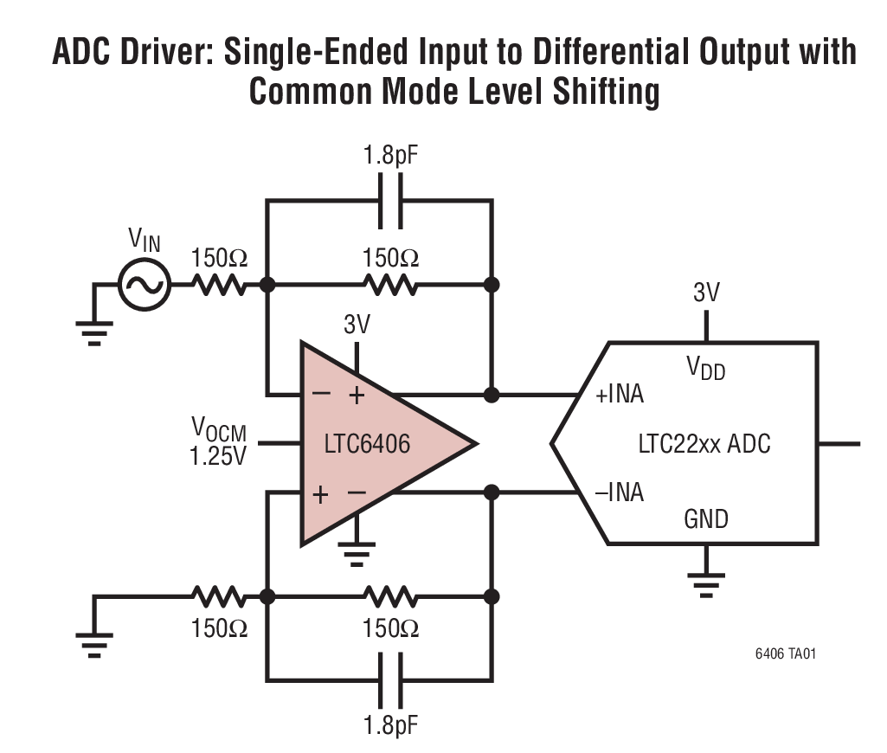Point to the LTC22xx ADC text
click(x=704, y=445)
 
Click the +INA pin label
click(x=620, y=396)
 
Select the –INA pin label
click(x=620, y=493)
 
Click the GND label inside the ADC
click(x=706, y=519)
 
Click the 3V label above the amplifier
click(x=357, y=325)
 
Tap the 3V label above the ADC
click(x=706, y=293)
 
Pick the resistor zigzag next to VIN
click(x=218, y=284)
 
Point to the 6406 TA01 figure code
click(x=784, y=653)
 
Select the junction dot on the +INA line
click(x=492, y=396)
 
